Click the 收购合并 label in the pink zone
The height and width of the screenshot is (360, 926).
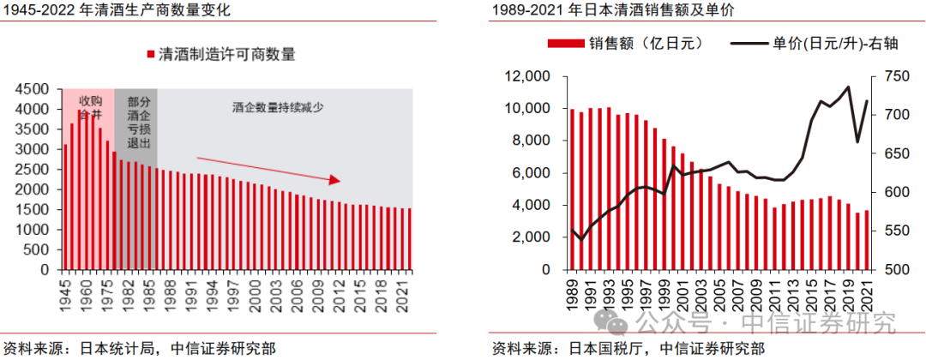pos(90,107)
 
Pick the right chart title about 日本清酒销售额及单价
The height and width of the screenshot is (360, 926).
pos(613,11)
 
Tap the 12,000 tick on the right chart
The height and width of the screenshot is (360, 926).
pos(528,77)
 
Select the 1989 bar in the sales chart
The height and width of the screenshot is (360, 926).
pos(572,189)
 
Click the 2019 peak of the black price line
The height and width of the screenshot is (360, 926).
pos(848,87)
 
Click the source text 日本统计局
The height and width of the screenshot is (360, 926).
pos(117,349)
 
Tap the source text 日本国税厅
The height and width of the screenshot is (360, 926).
pos(604,349)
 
